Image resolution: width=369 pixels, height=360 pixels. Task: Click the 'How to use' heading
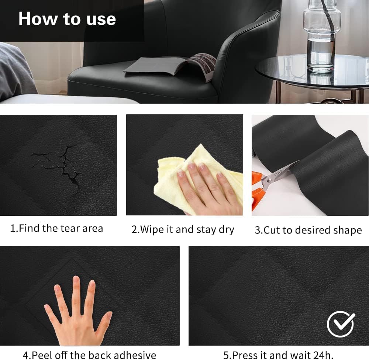point(67,18)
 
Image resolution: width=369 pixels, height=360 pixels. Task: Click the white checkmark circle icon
point(341,324)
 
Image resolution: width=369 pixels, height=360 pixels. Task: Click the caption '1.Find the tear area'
point(56,228)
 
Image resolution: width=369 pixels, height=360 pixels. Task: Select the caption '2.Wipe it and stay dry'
point(183,230)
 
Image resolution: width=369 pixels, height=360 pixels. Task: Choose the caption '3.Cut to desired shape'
point(308,230)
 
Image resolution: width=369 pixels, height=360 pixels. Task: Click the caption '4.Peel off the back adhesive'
point(89,355)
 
